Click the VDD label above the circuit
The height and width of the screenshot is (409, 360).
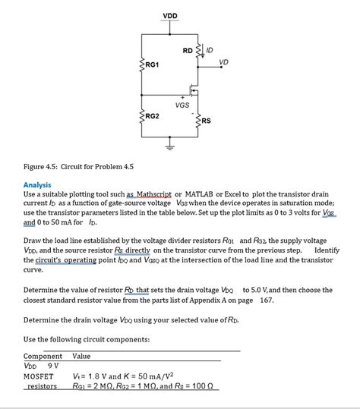tap(170, 16)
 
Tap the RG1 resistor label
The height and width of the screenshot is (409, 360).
tap(152, 64)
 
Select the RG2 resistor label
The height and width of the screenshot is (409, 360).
tap(152, 116)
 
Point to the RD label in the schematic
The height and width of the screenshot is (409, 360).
tap(188, 51)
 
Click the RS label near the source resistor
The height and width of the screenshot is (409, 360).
tap(206, 121)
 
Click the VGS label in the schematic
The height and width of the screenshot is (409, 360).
tap(182, 105)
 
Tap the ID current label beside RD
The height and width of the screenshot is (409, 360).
tap(210, 50)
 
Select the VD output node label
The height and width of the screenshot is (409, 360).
tap(224, 62)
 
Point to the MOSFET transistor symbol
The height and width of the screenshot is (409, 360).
tap(194, 90)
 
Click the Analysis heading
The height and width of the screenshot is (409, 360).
tap(37, 185)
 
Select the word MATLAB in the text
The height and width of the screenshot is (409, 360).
tap(199, 194)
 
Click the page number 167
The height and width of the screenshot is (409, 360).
tap(267, 300)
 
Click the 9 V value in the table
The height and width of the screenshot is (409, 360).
tap(53, 366)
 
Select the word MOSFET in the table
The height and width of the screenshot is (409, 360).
tap(39, 376)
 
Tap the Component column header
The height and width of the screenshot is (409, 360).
tap(43, 357)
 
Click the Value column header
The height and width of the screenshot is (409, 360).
tap(81, 357)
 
